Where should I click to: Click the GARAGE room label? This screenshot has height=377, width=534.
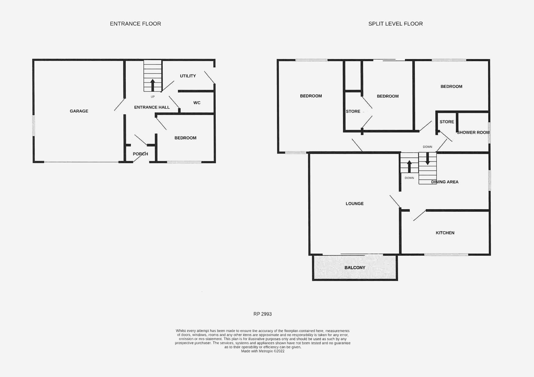pyautogui.click(x=79, y=111)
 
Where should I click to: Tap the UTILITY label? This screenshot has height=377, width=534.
pyautogui.click(x=188, y=76)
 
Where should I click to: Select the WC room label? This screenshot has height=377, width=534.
pyautogui.click(x=197, y=103)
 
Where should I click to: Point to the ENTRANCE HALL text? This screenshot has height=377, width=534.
pyautogui.click(x=152, y=107)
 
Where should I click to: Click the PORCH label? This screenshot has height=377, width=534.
pyautogui.click(x=140, y=154)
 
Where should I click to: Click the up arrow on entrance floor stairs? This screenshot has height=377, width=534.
pyautogui.click(x=153, y=85)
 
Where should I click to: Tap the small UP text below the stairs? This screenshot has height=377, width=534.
pyautogui.click(x=153, y=97)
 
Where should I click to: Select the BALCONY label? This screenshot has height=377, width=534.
pyautogui.click(x=355, y=268)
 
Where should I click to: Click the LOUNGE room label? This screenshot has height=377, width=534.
pyautogui.click(x=355, y=203)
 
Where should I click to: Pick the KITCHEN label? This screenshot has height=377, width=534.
pyautogui.click(x=445, y=233)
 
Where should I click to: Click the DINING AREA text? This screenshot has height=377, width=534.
pyautogui.click(x=445, y=182)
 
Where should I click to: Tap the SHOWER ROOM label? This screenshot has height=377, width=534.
pyautogui.click(x=473, y=132)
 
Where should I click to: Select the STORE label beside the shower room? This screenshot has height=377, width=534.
pyautogui.click(x=447, y=122)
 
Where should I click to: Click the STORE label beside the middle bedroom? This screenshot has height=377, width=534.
pyautogui.click(x=353, y=111)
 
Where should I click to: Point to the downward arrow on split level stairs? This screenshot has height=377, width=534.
pyautogui.click(x=427, y=158)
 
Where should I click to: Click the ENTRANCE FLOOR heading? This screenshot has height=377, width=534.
pyautogui.click(x=135, y=24)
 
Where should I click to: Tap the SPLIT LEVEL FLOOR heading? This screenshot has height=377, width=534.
pyautogui.click(x=395, y=24)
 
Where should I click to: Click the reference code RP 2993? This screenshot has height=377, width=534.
pyautogui.click(x=262, y=314)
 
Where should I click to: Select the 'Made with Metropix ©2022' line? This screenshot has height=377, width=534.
pyautogui.click(x=263, y=351)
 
